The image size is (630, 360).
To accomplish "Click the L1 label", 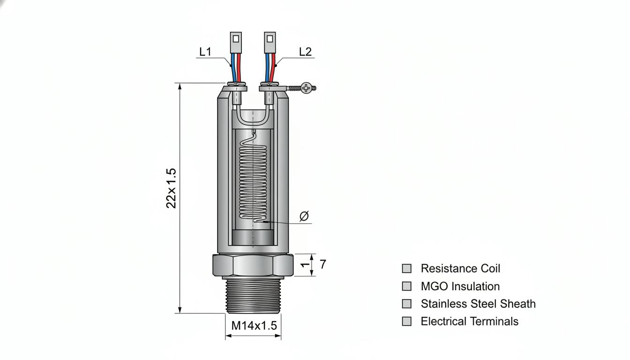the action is [205, 52].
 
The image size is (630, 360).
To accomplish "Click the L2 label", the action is [305, 52].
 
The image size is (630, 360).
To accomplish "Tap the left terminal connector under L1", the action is [236, 43].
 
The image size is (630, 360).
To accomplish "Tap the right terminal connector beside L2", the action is [270, 43].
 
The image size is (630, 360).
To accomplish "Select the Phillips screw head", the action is [307, 88].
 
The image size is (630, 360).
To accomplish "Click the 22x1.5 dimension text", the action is [171, 188].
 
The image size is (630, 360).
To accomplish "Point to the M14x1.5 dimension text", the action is [254, 325].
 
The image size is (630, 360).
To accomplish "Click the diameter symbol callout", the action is [304, 216].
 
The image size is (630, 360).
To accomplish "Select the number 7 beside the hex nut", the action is [323, 264].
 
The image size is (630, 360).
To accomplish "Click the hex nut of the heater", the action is [253, 265].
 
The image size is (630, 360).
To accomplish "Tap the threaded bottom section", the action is [253, 296].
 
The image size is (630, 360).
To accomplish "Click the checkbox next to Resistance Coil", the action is [407, 268].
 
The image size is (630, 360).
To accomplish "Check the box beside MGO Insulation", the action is [407, 286].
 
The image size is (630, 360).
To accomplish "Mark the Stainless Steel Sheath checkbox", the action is [407, 304].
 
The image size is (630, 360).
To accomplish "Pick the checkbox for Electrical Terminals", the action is [407, 321].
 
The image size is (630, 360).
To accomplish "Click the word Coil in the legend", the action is [490, 268].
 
